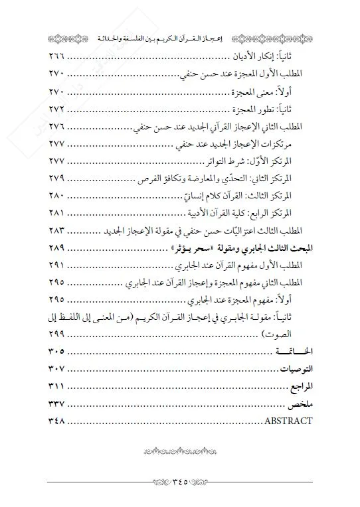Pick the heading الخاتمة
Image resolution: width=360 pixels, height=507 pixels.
point(295,351)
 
